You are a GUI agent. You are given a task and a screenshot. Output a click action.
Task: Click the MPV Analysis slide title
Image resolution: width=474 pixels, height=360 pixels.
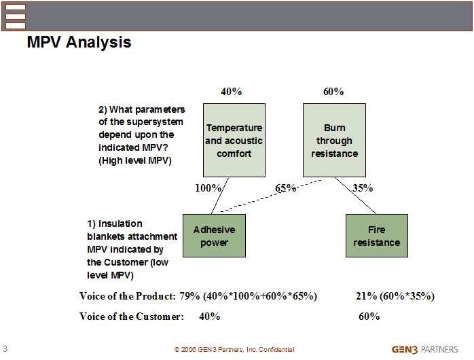(x=79, y=42)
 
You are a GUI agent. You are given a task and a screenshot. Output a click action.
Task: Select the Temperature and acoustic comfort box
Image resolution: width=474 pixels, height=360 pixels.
(x=234, y=140)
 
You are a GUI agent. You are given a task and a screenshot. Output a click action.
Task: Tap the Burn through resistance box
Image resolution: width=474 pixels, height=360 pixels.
(x=334, y=140)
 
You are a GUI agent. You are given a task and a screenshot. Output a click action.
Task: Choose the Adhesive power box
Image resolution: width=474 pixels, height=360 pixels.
(x=214, y=236)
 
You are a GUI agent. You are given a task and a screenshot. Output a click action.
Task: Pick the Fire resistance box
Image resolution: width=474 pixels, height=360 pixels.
(x=377, y=236)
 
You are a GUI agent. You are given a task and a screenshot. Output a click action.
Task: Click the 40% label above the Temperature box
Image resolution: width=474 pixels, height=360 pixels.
(x=232, y=92)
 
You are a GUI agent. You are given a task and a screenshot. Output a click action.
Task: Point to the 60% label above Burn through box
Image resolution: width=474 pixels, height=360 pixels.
(x=333, y=92)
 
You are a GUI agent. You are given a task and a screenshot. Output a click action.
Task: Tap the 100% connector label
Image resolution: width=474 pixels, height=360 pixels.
(x=208, y=188)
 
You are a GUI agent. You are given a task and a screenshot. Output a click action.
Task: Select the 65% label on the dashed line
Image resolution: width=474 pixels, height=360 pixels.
(x=285, y=188)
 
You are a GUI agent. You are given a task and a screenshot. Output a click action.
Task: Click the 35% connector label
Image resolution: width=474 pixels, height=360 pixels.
(x=363, y=188)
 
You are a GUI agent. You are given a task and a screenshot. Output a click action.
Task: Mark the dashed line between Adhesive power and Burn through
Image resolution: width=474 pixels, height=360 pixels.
(x=271, y=196)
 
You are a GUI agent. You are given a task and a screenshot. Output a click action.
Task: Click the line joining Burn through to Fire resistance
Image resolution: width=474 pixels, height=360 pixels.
(x=355, y=196)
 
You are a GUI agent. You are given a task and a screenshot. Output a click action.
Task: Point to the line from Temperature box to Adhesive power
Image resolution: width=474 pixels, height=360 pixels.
(x=220, y=196)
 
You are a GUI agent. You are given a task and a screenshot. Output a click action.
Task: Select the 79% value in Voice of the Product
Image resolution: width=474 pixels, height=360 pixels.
(x=189, y=296)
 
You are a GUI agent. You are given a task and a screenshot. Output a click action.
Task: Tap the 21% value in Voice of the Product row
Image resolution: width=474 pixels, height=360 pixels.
(x=366, y=296)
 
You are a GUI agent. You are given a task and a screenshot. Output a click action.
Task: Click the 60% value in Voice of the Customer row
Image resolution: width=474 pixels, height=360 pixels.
(x=369, y=317)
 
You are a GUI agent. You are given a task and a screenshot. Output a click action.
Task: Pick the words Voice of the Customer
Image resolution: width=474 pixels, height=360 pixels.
(x=132, y=317)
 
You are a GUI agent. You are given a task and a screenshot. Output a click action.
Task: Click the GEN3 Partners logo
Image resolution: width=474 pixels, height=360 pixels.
(x=424, y=350)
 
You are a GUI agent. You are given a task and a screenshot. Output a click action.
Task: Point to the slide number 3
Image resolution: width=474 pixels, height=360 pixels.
(x=5, y=349)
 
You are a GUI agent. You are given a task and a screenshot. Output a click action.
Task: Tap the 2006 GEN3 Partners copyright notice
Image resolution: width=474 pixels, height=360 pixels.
(x=234, y=350)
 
